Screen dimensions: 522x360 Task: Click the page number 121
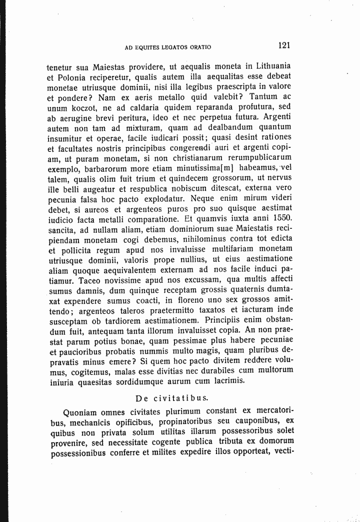tap(284, 45)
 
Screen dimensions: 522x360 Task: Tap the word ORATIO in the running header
tap(200, 47)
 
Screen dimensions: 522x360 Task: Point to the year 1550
tap(279, 218)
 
